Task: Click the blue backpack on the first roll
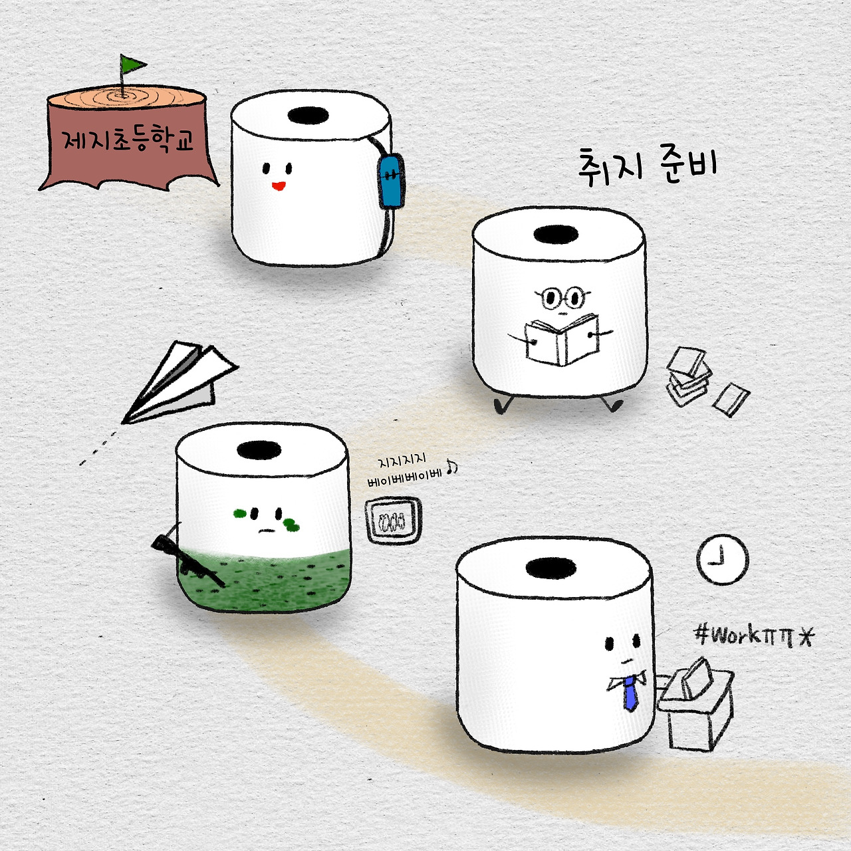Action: pyautogui.click(x=391, y=180)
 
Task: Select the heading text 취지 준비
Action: pyautogui.click(x=648, y=167)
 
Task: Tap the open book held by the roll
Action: pyautogui.click(x=562, y=340)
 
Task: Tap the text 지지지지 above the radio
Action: pyautogui.click(x=402, y=462)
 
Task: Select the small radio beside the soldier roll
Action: pyautogui.click(x=393, y=521)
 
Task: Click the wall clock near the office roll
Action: pyautogui.click(x=723, y=560)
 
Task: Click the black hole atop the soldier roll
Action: pyautogui.click(x=259, y=450)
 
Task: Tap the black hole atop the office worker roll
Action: pyautogui.click(x=551, y=568)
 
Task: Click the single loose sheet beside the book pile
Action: pyautogui.click(x=731, y=400)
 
